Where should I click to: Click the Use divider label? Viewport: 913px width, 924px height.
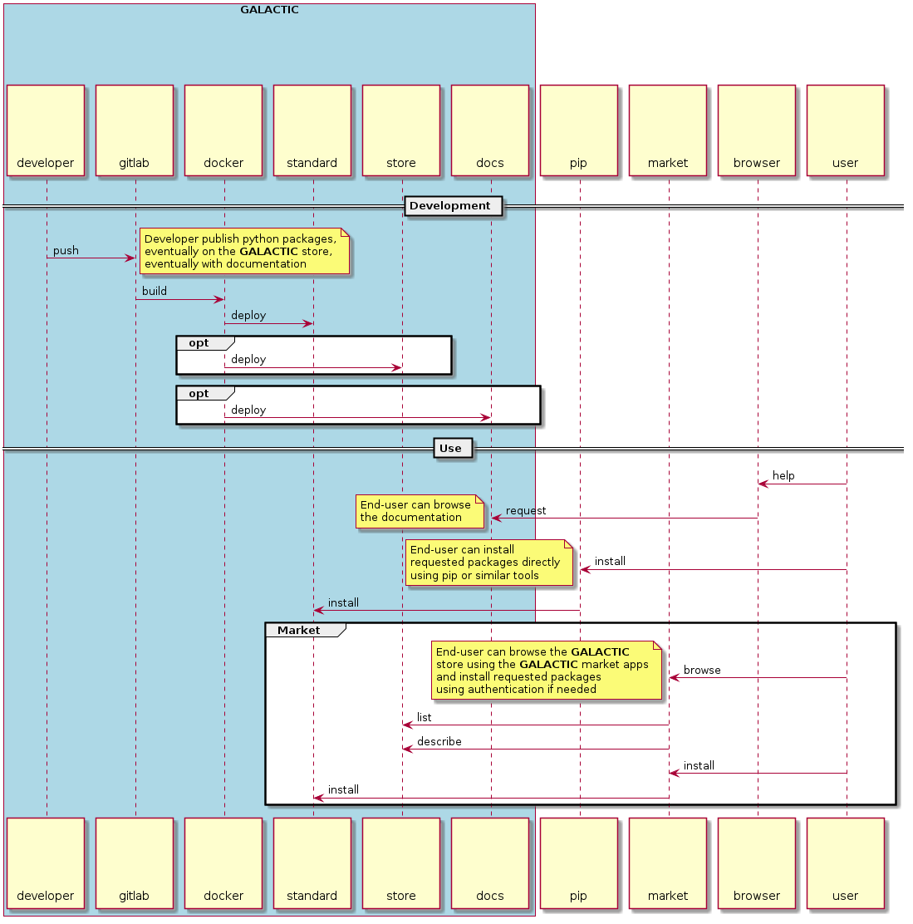452,449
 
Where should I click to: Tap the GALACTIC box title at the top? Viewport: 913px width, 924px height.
269,10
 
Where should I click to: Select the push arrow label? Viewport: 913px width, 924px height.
66,251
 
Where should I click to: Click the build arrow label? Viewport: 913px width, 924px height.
155,292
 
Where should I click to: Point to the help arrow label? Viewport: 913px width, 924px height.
783,476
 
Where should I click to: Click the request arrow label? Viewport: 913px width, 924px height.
526,511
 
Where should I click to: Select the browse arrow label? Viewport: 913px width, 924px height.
702,671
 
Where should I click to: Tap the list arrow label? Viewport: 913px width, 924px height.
424,718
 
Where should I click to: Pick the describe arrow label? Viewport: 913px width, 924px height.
439,742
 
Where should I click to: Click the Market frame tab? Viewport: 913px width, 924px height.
299,631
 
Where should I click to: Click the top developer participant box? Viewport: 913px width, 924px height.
46,130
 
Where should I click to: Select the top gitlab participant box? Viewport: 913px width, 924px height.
135,130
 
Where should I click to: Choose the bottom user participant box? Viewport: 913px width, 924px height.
845,863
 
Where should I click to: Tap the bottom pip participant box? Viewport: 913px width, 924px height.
578,863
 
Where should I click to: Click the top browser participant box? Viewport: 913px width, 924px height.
756,130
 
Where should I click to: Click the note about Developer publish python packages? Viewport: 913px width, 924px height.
243,251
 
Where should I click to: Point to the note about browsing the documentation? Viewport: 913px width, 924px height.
420,511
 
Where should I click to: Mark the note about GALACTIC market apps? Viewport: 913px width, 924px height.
547,671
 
